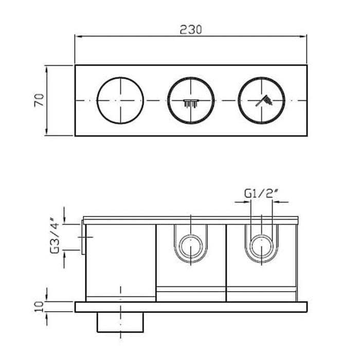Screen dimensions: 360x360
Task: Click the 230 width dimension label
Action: [191, 30]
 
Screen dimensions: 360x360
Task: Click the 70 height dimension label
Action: [39, 100]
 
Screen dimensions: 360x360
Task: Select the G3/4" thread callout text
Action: [55, 238]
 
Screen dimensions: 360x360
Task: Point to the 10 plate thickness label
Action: [39, 307]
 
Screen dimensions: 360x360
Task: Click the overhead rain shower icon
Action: [191, 103]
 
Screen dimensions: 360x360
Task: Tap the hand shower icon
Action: [264, 101]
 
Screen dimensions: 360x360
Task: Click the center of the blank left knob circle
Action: [120, 100]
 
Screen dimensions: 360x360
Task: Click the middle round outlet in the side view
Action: [191, 246]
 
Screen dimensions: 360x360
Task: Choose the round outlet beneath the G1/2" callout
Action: [261, 246]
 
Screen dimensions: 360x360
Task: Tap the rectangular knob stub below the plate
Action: [120, 322]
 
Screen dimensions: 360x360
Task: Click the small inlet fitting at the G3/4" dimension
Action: [83, 237]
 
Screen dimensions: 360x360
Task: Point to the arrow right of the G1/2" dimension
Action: [280, 202]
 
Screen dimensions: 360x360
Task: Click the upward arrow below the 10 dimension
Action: [47, 319]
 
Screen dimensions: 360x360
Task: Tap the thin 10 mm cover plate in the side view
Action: [191, 307]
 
